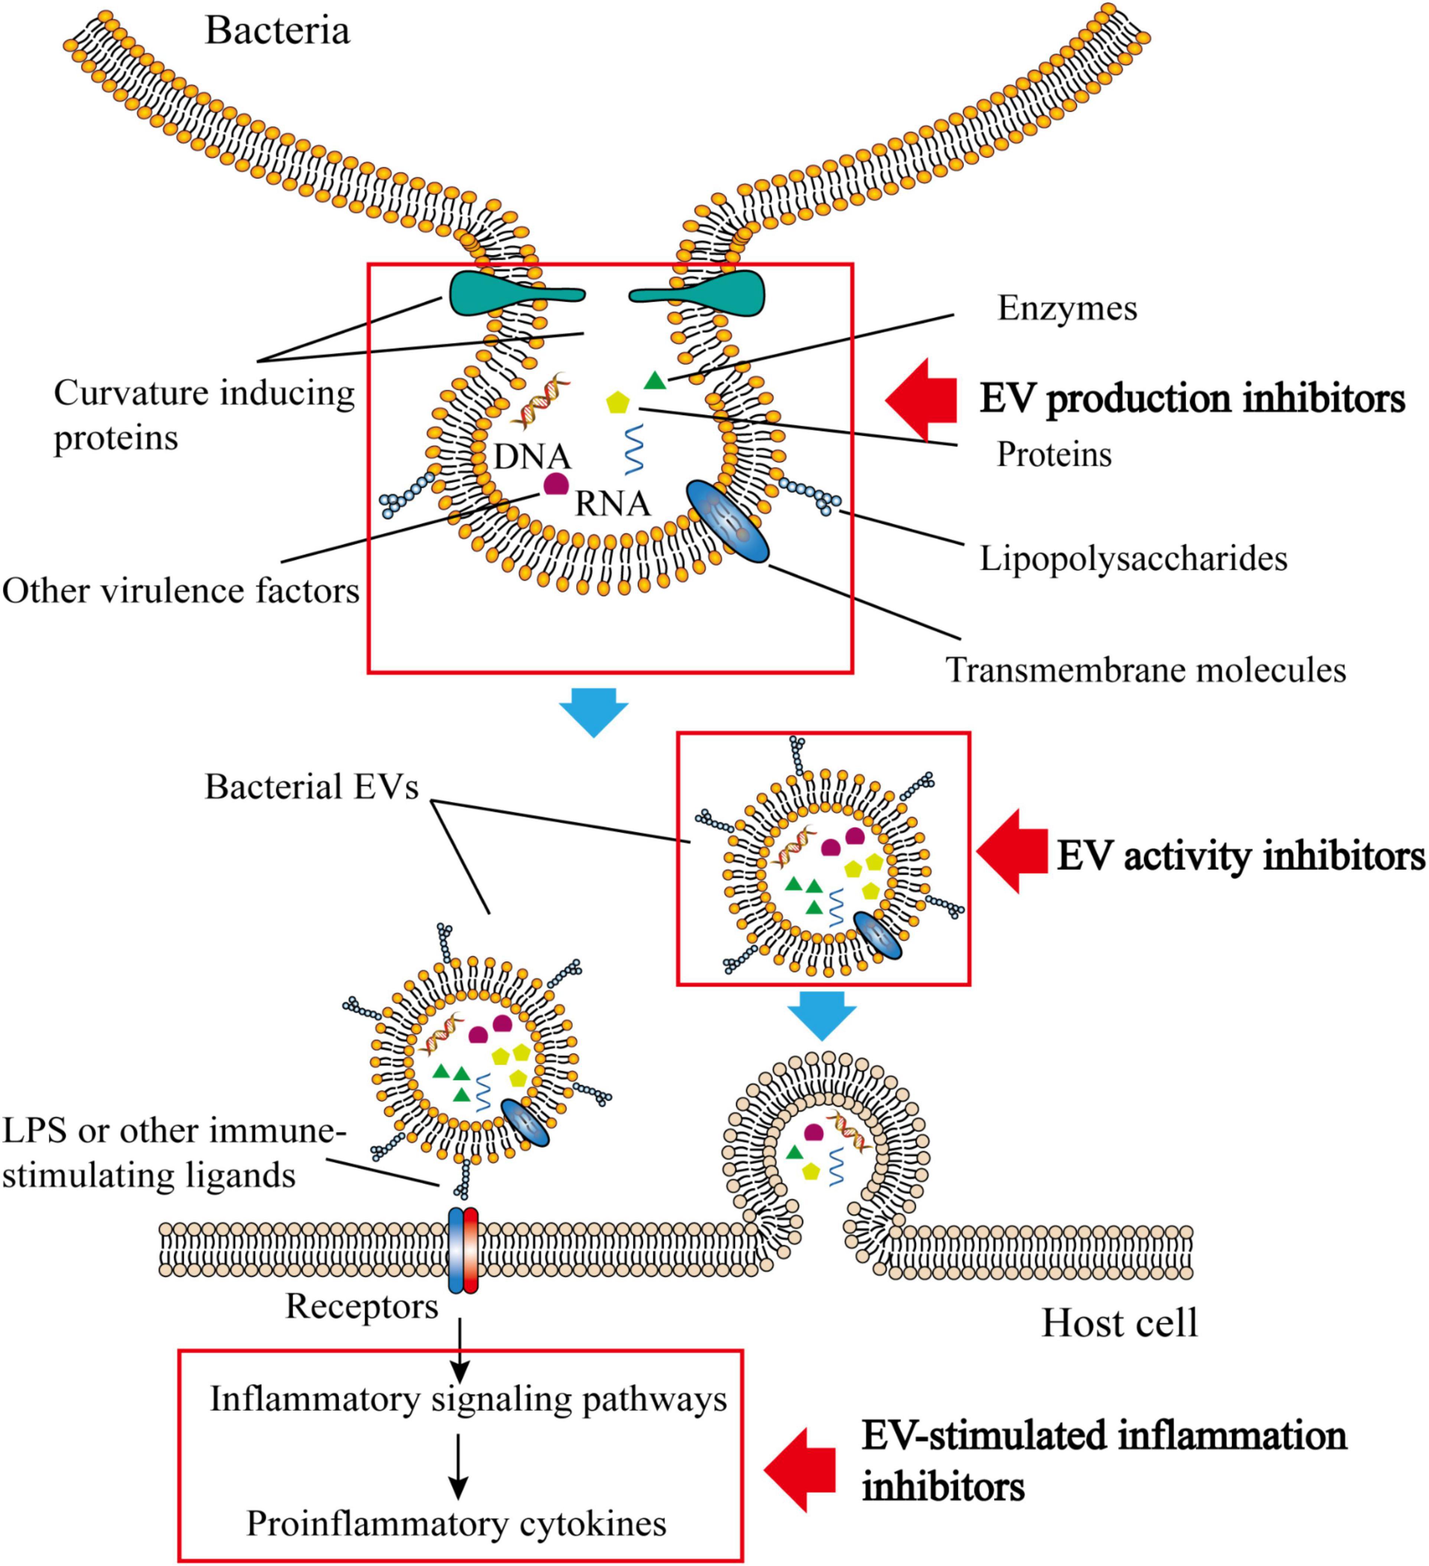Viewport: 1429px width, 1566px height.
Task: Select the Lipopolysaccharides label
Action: [x=1133, y=558]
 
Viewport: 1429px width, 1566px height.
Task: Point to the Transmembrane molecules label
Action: [x=1145, y=670]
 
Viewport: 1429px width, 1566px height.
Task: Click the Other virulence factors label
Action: [x=180, y=591]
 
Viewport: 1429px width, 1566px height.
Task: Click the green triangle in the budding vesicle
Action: [x=655, y=381]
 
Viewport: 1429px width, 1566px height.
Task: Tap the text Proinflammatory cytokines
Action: [x=456, y=1523]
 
